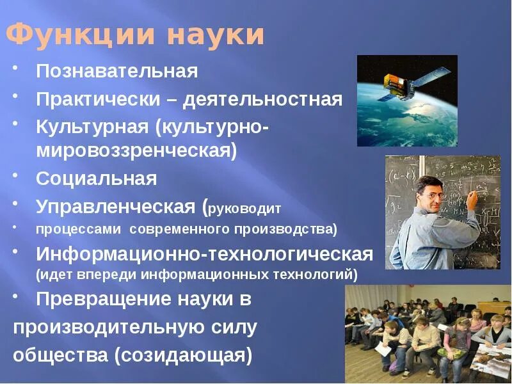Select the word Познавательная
(117, 71)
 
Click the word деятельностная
(262, 100)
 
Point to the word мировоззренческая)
(136, 151)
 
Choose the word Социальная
(97, 179)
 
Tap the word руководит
(244, 209)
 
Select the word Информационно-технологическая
(204, 254)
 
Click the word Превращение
(104, 299)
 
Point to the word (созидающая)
(183, 355)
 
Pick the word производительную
(108, 328)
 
